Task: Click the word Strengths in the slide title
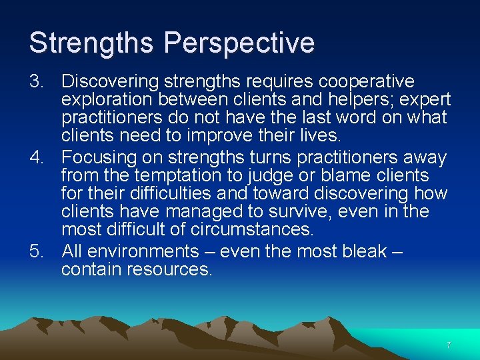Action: [92, 43]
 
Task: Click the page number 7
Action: [449, 345]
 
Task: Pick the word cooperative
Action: [367, 81]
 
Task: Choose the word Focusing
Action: [100, 157]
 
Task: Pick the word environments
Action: [143, 251]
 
